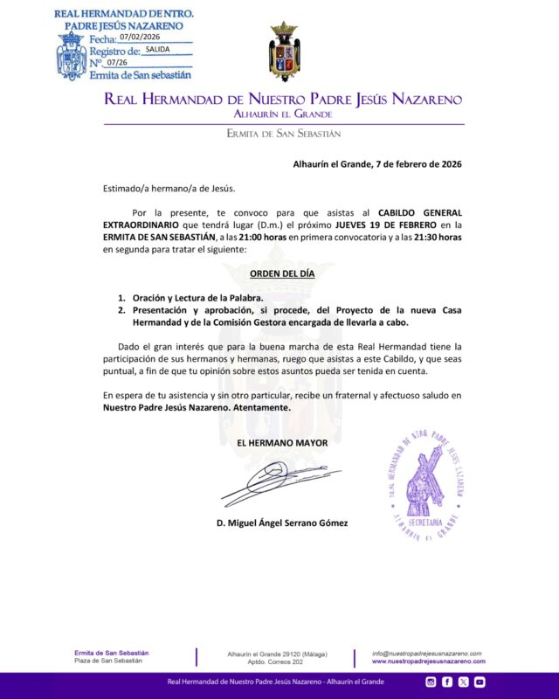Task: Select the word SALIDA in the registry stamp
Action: (158, 50)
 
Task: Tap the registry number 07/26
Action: (117, 63)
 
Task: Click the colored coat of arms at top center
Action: (283, 52)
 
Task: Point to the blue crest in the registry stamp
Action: (71, 58)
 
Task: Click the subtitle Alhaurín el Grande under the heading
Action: (283, 114)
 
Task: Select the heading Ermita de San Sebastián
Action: (283, 134)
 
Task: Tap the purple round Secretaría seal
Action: (429, 485)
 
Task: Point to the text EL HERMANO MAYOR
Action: (282, 443)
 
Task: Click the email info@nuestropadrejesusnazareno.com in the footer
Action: (426, 654)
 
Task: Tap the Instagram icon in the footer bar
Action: (431, 682)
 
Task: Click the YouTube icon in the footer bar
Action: (480, 682)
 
